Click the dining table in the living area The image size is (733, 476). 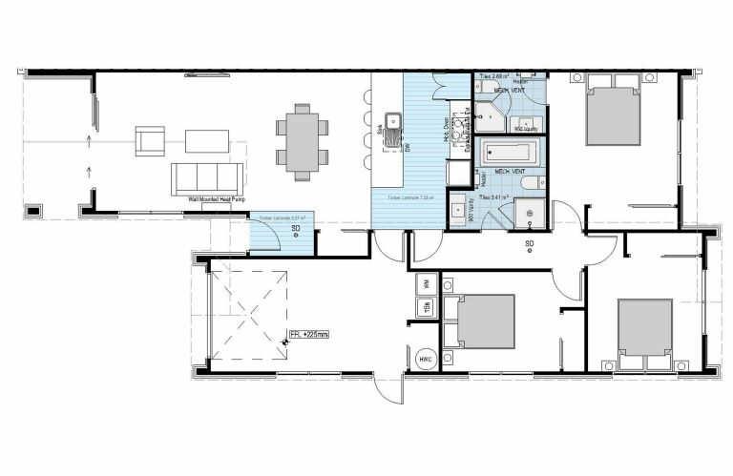pyautogui.click(x=302, y=141)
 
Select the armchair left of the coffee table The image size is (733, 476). pyautogui.click(x=151, y=141)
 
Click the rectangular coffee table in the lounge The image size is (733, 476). pyautogui.click(x=207, y=141)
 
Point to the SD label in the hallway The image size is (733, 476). pyautogui.click(x=529, y=243)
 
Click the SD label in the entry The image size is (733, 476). pyautogui.click(x=296, y=229)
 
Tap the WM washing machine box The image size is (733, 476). pyautogui.click(x=426, y=283)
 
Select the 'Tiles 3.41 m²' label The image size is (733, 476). pyautogui.click(x=494, y=197)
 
